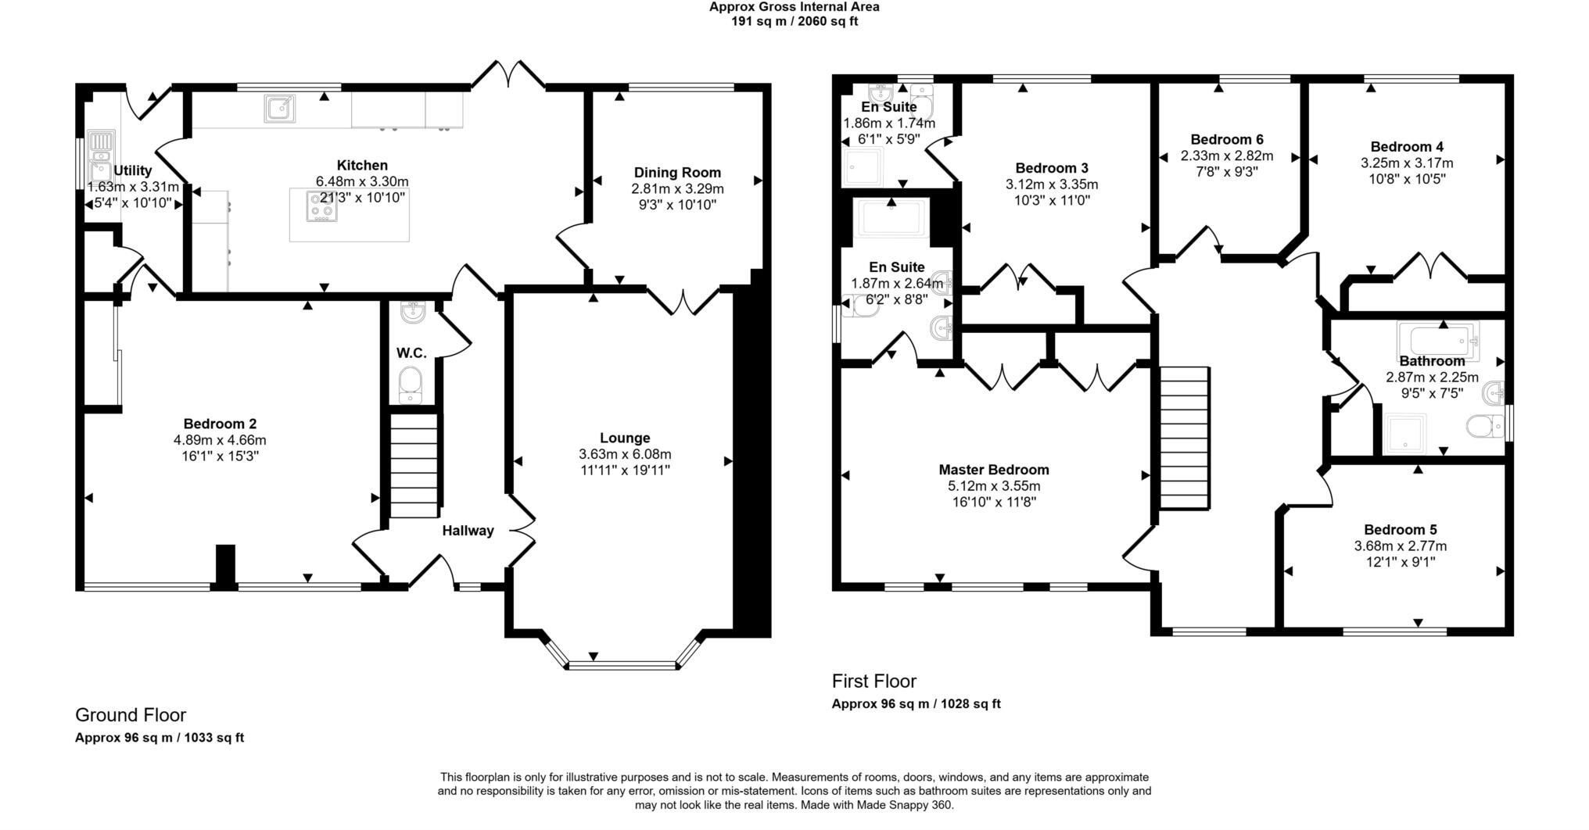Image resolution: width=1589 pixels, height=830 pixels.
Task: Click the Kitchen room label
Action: coord(362,166)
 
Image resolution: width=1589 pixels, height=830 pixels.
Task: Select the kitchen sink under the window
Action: coord(279,109)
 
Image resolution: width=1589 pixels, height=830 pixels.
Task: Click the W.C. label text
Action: coord(411,353)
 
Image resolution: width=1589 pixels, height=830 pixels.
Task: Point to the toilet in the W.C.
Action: coord(411,385)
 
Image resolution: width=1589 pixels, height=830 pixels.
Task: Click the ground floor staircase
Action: coord(414,466)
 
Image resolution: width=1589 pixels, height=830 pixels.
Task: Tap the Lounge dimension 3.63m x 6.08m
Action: coord(625,454)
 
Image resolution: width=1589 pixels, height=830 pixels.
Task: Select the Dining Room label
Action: coord(677,173)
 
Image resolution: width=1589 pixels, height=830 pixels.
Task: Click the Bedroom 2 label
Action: coord(220,424)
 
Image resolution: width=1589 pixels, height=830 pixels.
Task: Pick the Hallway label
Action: coord(468,531)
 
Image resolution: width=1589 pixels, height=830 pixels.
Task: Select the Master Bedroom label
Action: coord(993,470)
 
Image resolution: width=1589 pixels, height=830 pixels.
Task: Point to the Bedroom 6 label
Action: coord(1226,140)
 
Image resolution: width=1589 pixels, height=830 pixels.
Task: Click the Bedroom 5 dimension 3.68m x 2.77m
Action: coord(1400,546)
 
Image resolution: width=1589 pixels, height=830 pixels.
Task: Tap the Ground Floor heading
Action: coord(131,715)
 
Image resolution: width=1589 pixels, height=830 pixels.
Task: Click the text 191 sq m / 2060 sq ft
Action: coord(794,22)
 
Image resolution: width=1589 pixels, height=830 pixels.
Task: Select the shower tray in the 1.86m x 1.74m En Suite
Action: coord(863,167)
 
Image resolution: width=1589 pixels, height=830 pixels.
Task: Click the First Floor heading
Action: coord(873,681)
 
